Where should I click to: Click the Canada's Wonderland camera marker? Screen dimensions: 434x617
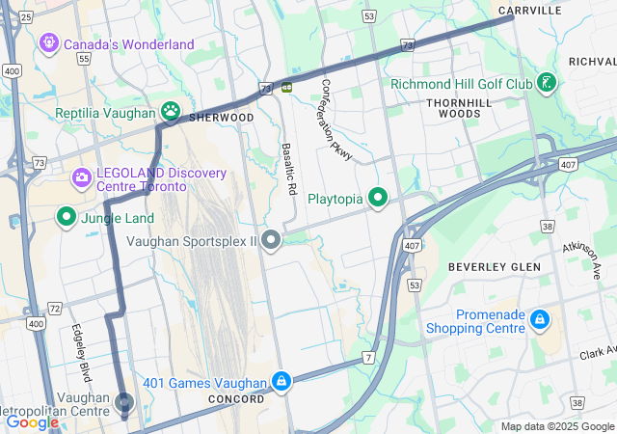[47, 43]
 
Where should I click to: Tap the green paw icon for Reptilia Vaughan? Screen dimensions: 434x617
[172, 113]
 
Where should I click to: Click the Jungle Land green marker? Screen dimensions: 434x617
[67, 217]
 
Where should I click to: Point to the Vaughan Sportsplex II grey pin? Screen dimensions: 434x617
[272, 239]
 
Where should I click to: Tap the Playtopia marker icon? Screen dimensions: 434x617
[378, 199]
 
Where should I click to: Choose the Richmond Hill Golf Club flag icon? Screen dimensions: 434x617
[547, 83]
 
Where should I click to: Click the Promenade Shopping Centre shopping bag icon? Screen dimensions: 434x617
[540, 318]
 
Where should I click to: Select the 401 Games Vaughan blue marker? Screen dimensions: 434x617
[281, 382]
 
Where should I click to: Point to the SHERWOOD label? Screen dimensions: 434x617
[222, 118]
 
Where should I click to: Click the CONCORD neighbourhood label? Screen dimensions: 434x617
[236, 398]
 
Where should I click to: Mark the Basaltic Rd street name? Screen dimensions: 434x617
[287, 170]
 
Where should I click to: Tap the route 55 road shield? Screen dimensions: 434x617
[84, 59]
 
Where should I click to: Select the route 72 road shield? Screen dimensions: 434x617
[55, 309]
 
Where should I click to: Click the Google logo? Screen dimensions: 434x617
[32, 421]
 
